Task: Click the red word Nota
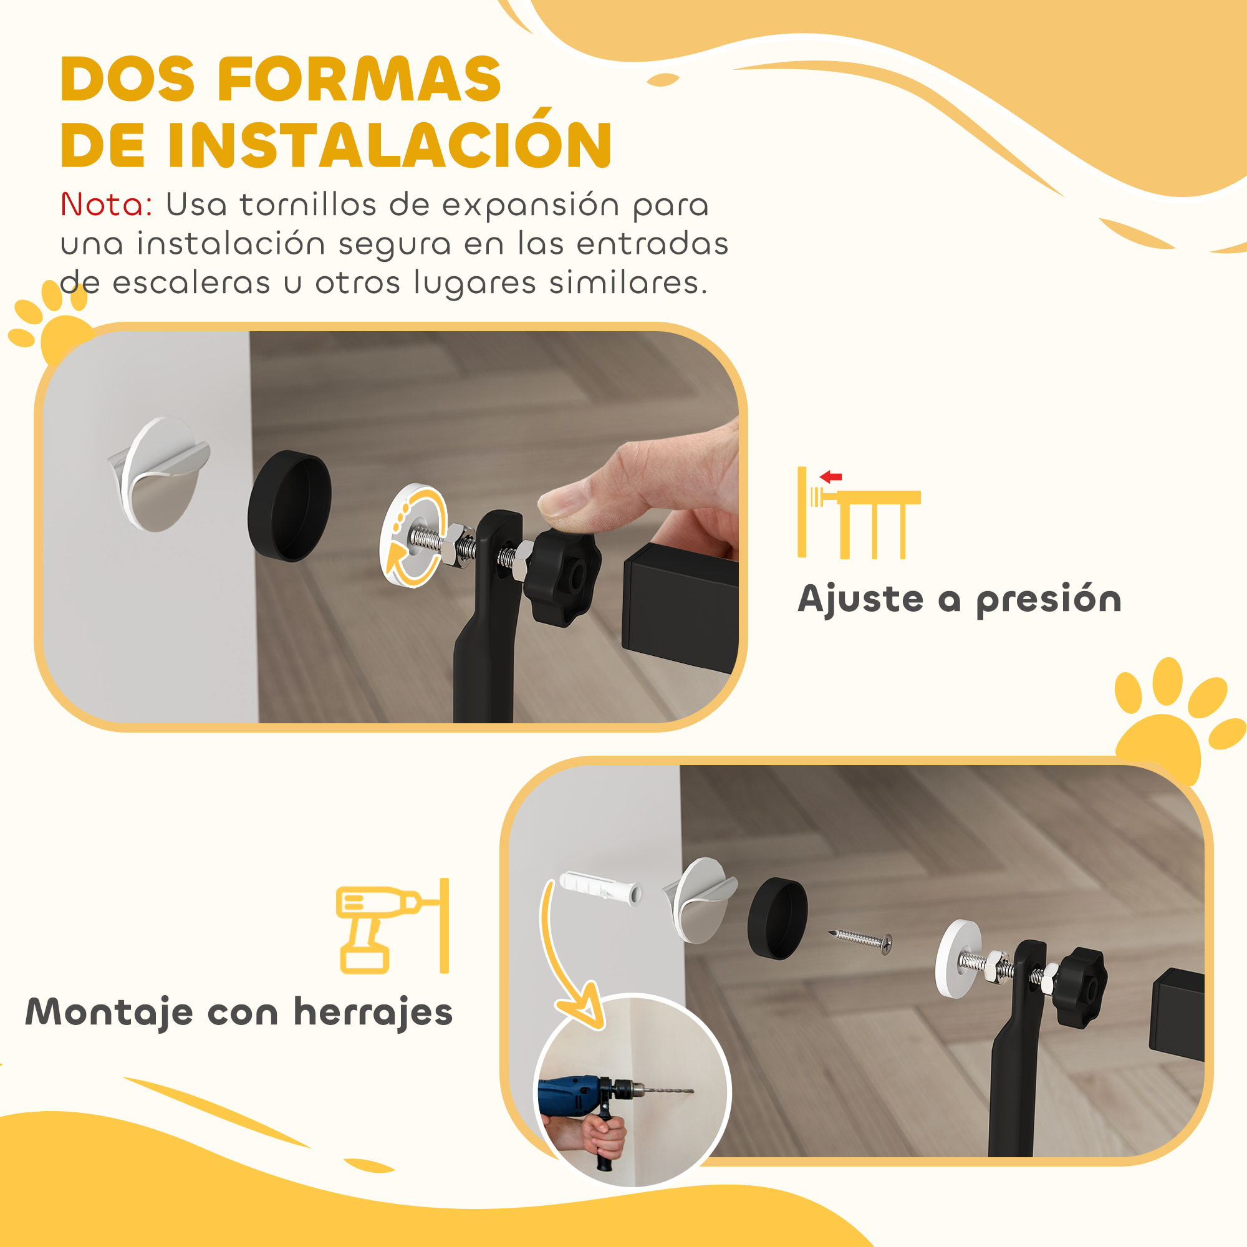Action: pos(106,205)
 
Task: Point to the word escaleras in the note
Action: pos(191,283)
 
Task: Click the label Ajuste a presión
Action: pos(959,599)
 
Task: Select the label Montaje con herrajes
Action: pos(239,1012)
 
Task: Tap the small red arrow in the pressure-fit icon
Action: pos(831,477)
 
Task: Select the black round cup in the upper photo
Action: pos(290,506)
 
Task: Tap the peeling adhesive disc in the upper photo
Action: pos(160,474)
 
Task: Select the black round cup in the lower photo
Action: pos(777,918)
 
